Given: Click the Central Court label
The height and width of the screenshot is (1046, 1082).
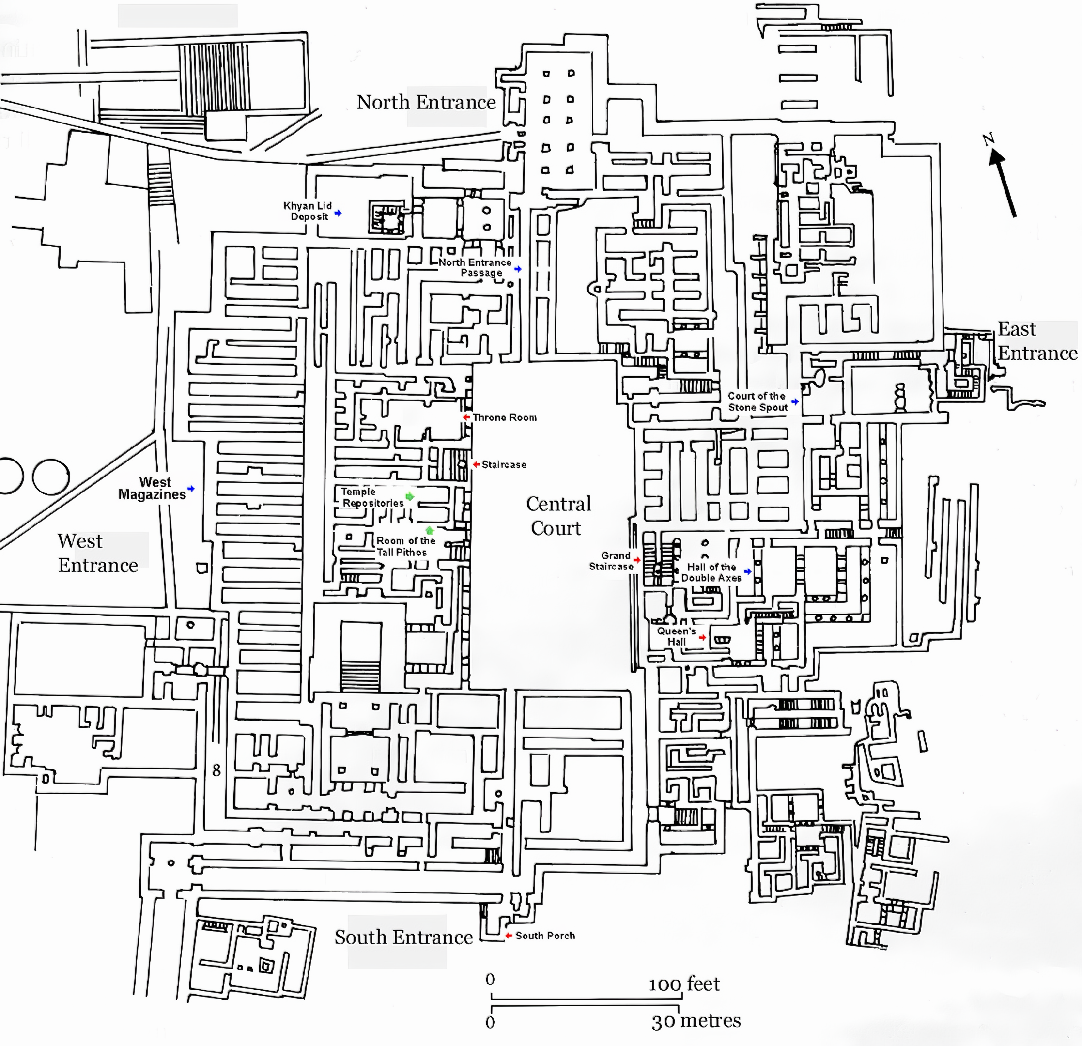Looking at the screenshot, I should (557, 516).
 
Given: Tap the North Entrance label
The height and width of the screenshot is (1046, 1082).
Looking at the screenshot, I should (426, 102).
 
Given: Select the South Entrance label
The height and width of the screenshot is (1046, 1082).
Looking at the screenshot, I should (403, 937).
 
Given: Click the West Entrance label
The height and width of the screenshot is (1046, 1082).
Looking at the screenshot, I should (97, 553).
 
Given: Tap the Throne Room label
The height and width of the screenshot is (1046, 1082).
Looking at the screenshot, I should (505, 417).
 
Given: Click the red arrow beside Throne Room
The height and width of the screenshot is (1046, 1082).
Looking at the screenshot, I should (466, 417).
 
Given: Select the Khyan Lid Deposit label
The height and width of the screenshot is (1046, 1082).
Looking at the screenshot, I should (308, 211).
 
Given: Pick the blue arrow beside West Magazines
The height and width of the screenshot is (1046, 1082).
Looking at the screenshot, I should (191, 489).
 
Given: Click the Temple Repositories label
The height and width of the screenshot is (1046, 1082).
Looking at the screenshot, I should (372, 497).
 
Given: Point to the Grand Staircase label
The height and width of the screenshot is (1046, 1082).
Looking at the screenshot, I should (612, 561).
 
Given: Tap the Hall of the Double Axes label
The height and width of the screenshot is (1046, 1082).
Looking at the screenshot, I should (711, 572).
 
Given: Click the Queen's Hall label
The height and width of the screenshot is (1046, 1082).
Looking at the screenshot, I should (676, 636).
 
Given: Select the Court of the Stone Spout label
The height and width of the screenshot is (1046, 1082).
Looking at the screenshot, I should (757, 402).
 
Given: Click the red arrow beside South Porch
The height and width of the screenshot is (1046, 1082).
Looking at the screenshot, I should (509, 936).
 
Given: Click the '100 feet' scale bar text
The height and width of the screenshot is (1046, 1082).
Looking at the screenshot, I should (684, 984).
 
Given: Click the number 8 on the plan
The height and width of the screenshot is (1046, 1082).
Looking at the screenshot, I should (216, 770).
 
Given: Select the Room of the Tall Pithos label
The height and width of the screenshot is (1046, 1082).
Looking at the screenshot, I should (405, 546).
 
